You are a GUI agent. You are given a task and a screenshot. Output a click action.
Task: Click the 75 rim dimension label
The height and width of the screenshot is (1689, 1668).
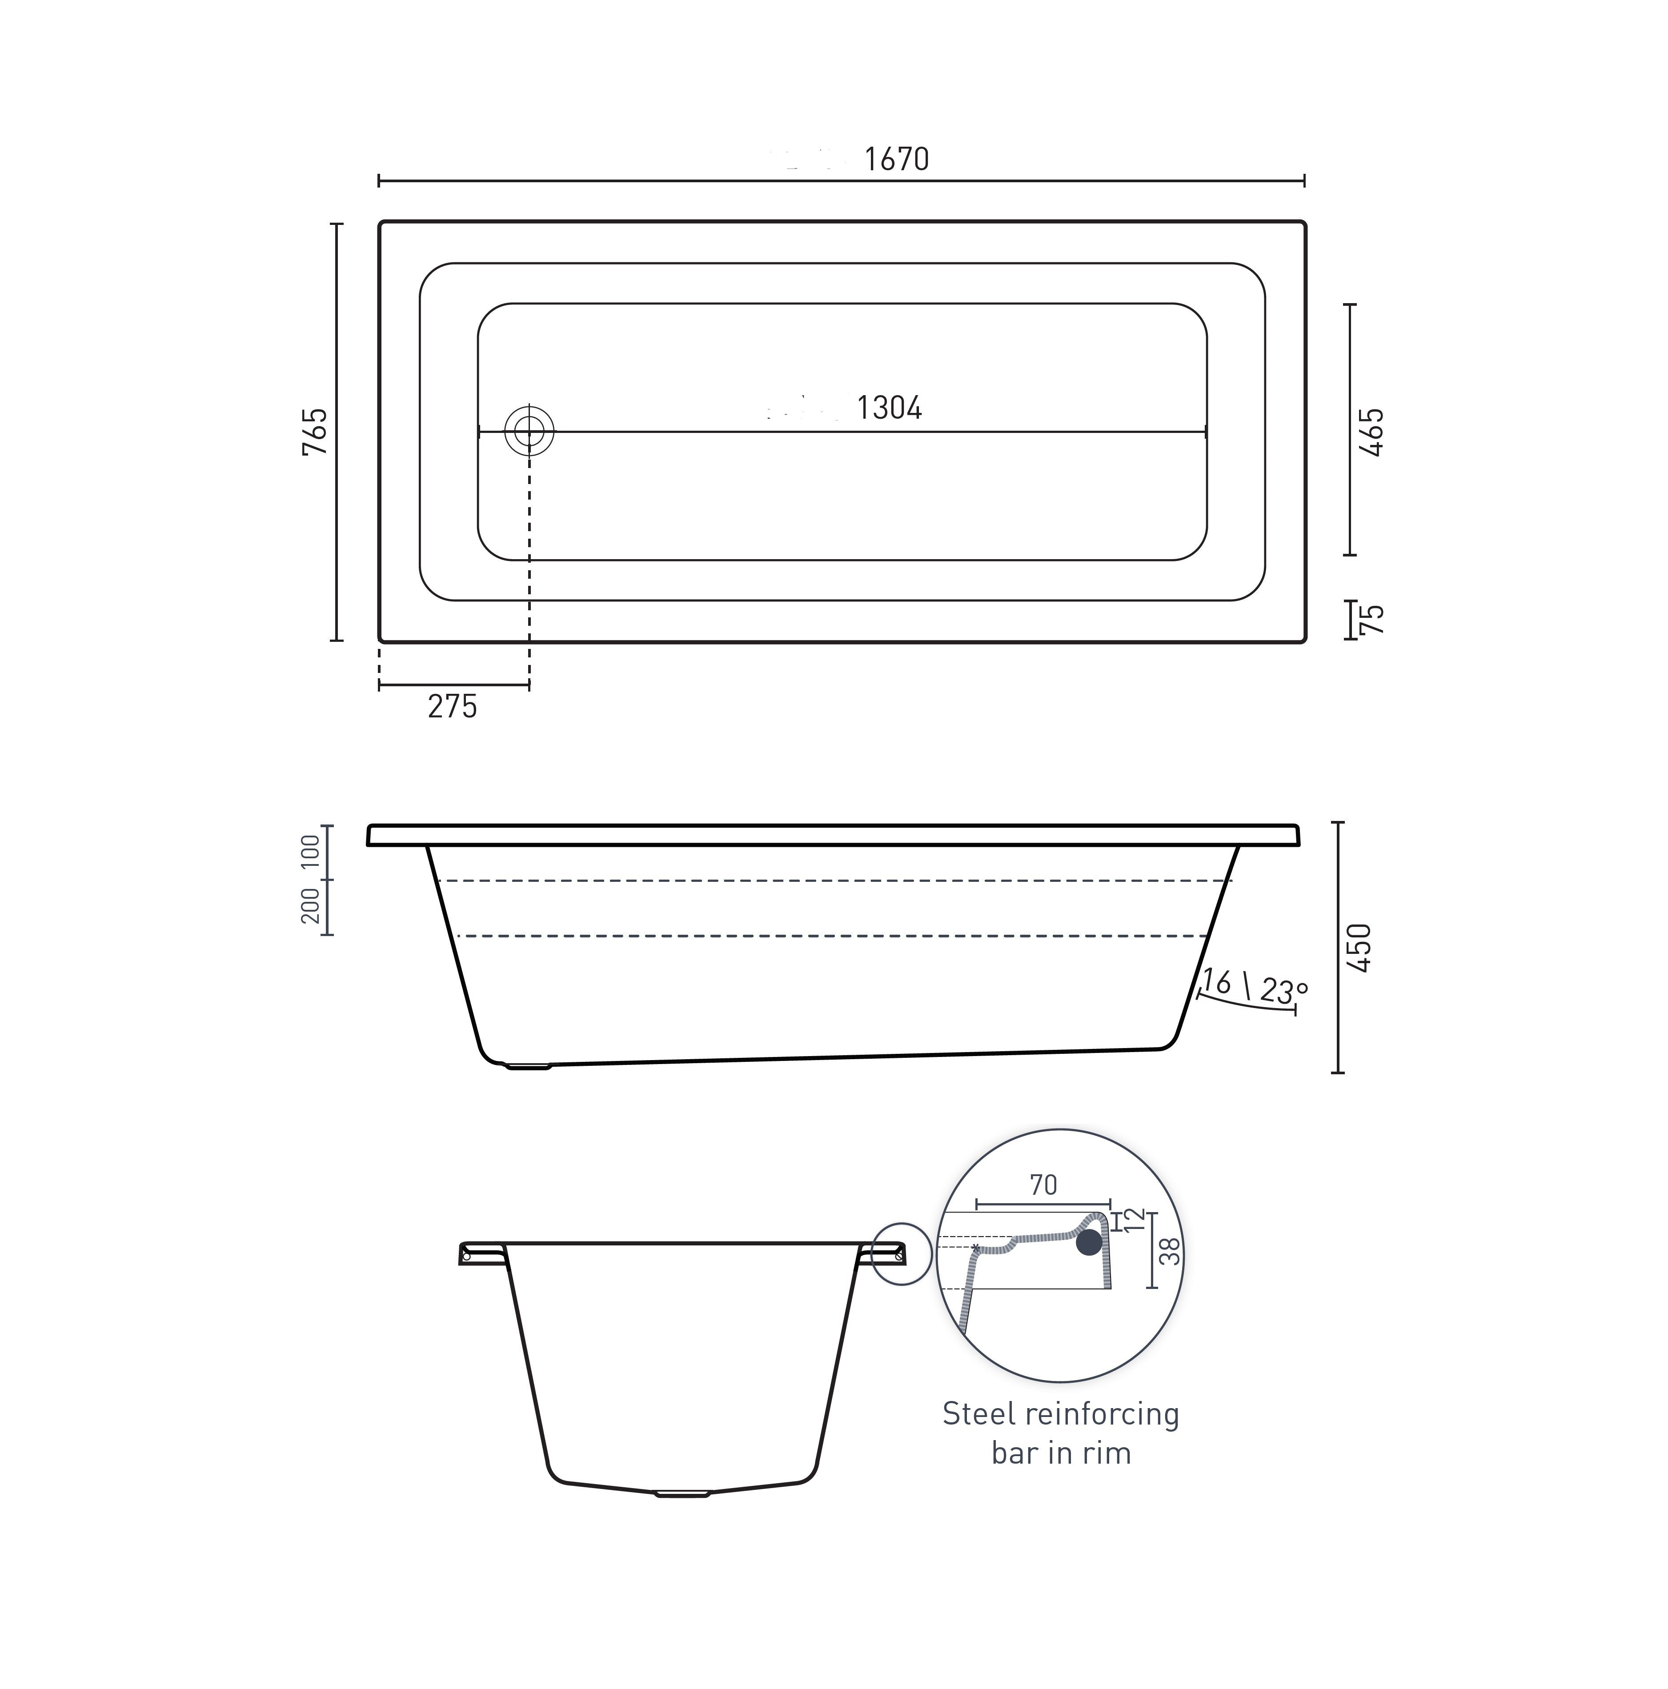(x=1372, y=619)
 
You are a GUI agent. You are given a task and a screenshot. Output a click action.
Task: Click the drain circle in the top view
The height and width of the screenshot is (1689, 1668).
(x=529, y=431)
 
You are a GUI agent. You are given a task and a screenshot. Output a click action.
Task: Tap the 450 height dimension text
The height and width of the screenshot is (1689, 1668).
(x=1359, y=947)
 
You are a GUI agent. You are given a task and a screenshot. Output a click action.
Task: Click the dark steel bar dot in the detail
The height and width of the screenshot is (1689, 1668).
(x=1088, y=1242)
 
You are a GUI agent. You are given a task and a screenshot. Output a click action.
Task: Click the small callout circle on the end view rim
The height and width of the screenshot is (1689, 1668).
(x=902, y=1253)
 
